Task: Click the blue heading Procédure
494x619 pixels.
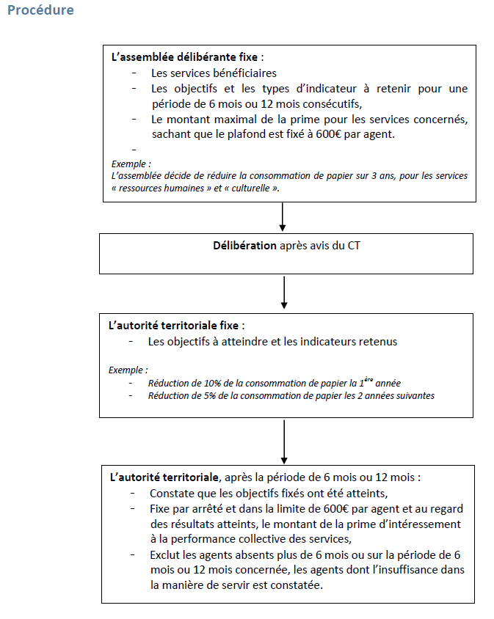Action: pos(40,11)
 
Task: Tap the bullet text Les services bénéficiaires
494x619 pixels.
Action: pos(214,73)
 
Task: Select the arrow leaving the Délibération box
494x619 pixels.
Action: pos(283,293)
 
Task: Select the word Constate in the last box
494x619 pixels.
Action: pos(171,493)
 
